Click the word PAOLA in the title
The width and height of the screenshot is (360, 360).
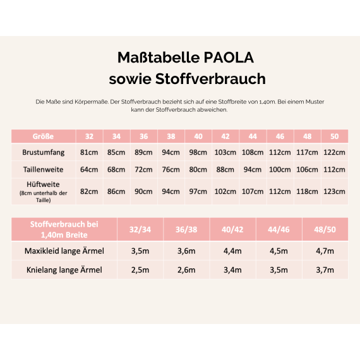[229, 57]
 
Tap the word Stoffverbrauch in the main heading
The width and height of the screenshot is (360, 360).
[210, 79]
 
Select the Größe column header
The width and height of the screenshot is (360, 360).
[43, 136]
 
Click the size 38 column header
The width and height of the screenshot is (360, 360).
[171, 136]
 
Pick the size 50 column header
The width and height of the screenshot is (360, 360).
[335, 136]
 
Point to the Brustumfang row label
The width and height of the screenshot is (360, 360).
[43, 152]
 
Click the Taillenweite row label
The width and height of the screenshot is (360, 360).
[43, 169]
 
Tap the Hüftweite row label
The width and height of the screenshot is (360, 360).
[43, 184]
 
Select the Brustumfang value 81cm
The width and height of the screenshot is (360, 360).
[89, 152]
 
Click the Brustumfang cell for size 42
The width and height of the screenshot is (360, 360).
[225, 152]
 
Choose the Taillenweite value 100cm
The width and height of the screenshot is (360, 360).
[280, 169]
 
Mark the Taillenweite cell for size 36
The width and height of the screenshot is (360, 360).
[143, 169]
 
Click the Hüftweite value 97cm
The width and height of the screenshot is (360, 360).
[198, 191]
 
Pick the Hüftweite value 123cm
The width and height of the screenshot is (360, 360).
[334, 191]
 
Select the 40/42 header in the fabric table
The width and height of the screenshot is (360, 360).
[232, 229]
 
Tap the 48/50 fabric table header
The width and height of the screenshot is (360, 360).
[325, 229]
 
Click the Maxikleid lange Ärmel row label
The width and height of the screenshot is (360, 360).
[64, 251]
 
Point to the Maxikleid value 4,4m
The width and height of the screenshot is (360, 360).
[232, 251]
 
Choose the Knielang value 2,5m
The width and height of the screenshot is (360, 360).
[140, 270]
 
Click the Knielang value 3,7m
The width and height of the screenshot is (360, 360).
[325, 270]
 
